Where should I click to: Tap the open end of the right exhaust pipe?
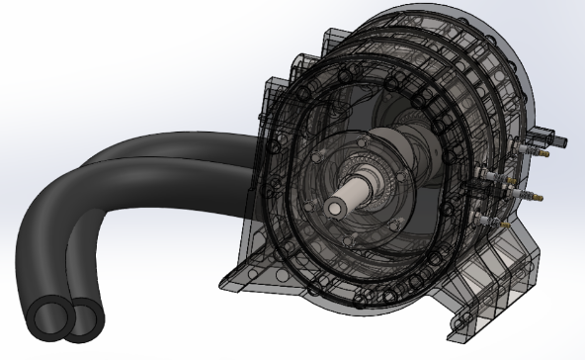(85, 316)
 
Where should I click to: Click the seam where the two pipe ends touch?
(65, 318)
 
